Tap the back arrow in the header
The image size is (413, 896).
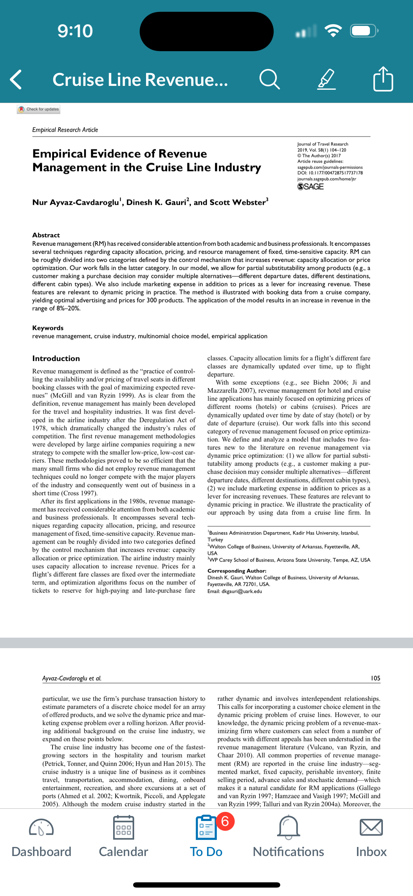[x=16, y=80]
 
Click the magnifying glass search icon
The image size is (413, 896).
[x=269, y=80]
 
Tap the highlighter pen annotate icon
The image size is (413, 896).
[x=326, y=80]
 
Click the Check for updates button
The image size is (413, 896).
[x=39, y=109]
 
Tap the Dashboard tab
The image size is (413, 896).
[x=41, y=838]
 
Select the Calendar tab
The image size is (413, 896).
[x=123, y=838]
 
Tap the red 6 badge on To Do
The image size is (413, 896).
[x=225, y=821]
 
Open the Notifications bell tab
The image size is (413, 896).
[x=288, y=838]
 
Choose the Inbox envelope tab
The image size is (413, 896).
[x=371, y=838]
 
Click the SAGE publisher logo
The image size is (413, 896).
[x=310, y=187]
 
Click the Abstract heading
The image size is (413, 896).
[x=46, y=235]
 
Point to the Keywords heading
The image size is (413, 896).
[x=48, y=328]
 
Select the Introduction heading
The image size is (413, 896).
[x=56, y=358]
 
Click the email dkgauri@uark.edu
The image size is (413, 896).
[x=242, y=591]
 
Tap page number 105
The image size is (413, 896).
[x=375, y=678]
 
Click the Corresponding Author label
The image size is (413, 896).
[x=237, y=571]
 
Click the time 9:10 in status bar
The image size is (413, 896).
[x=75, y=31]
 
